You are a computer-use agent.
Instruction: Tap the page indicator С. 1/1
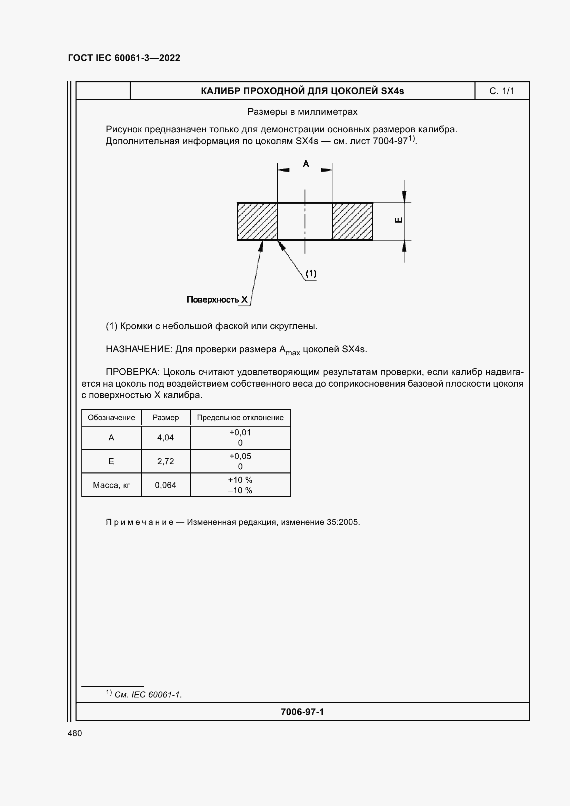click(501, 91)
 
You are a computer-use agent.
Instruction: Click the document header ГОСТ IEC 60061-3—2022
click(124, 58)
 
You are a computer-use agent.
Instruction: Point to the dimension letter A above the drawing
click(306, 164)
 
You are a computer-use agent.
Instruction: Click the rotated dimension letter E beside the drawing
click(398, 220)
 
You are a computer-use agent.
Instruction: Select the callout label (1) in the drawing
click(311, 273)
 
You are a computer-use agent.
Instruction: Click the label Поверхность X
click(217, 299)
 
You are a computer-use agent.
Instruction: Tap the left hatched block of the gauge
click(257, 222)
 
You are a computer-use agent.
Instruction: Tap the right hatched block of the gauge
click(352, 222)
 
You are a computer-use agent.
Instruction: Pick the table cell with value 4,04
click(166, 437)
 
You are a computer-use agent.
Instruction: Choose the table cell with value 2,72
click(166, 461)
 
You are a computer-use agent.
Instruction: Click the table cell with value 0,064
click(166, 485)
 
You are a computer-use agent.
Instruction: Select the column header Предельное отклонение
click(240, 417)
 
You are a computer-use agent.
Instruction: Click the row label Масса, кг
click(111, 485)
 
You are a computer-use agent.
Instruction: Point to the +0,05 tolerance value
click(240, 456)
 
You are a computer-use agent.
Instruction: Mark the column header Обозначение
click(111, 417)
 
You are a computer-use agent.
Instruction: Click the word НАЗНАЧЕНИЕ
click(139, 349)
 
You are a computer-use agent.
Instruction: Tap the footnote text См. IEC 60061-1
click(148, 694)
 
